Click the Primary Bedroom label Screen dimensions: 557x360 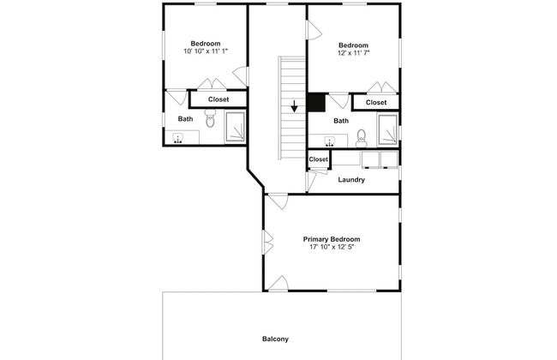point(332,239)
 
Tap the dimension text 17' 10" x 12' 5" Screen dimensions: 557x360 point(332,247)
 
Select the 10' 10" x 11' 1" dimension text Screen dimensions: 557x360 point(206,51)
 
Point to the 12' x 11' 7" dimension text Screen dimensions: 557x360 point(354,53)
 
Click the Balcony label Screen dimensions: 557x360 point(275,339)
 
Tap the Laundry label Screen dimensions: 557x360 point(351,180)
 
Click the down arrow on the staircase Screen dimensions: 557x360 point(294,106)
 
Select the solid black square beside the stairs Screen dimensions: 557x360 point(316,103)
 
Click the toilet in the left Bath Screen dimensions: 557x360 point(210,118)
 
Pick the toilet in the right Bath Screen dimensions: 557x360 point(362,139)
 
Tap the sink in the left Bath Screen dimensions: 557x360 point(177,138)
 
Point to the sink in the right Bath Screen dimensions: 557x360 point(330,141)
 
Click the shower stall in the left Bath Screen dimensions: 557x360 point(236,127)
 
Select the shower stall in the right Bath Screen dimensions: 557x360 point(387,129)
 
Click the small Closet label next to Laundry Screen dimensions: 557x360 point(318,159)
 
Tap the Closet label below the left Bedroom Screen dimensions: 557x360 point(219,99)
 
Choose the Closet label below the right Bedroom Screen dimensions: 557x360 point(376,102)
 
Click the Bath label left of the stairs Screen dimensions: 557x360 point(185,119)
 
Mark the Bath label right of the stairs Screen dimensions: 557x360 point(341,121)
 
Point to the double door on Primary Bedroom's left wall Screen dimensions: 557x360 point(268,243)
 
